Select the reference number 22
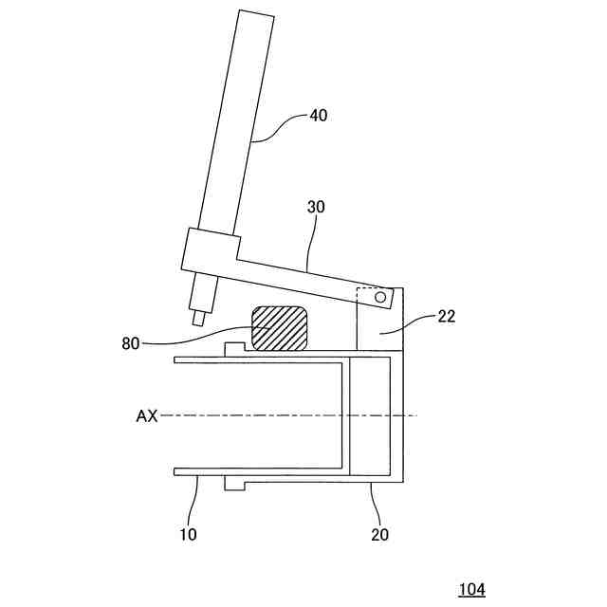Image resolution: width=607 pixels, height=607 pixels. [x=446, y=317]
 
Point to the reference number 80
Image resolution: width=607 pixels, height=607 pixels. [x=133, y=342]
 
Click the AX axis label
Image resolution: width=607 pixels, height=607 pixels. [x=146, y=415]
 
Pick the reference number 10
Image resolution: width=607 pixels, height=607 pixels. [x=188, y=535]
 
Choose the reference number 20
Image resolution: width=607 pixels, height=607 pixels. [x=379, y=535]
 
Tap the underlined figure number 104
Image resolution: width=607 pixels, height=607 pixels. [x=471, y=590]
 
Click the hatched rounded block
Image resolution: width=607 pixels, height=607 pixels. [x=279, y=328]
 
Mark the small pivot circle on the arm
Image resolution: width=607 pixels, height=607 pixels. [x=379, y=298]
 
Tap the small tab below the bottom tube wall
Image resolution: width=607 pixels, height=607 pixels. [x=235, y=484]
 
